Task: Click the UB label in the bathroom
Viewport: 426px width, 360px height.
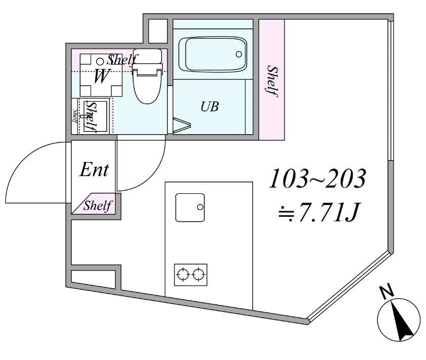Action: pos(209,107)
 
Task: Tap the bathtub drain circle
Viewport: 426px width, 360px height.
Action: pos(239,54)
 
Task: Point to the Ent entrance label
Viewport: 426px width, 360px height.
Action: pos(95,170)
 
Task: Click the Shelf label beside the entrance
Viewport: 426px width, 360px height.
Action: pos(97,206)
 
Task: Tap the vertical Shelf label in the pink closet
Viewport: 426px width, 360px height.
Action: pos(273,81)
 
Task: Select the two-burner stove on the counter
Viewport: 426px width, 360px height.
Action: pos(191,275)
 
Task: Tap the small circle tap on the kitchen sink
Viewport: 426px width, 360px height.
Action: pos(200,207)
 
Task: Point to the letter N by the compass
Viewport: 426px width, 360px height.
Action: pos(387,292)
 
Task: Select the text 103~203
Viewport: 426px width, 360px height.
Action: pos(317,179)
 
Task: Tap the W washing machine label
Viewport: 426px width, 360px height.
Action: pos(101,77)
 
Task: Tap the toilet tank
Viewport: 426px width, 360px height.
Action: pos(147,57)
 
